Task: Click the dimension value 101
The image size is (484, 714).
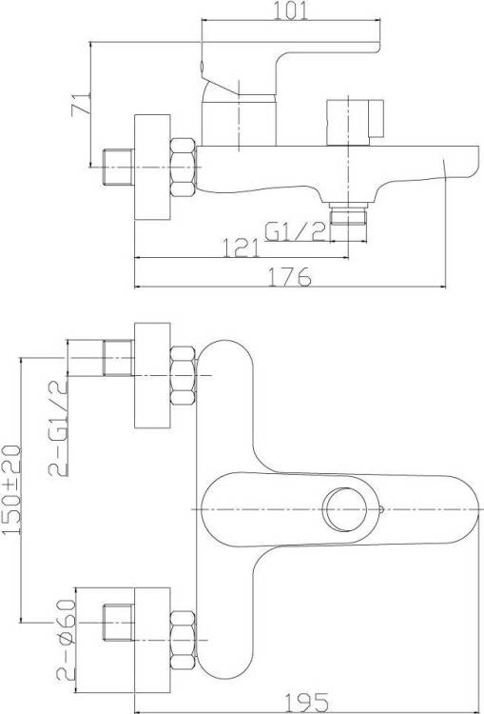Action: pos(290,10)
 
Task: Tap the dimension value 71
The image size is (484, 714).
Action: pos(81,105)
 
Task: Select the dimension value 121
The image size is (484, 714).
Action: pos(241,248)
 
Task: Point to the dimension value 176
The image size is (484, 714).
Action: pos(290,276)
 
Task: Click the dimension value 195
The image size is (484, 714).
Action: pos(306,704)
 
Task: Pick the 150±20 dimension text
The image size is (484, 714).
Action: pos(11,490)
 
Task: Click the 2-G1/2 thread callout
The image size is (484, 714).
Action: pos(58,428)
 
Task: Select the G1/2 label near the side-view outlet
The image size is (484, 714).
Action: pos(296,231)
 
